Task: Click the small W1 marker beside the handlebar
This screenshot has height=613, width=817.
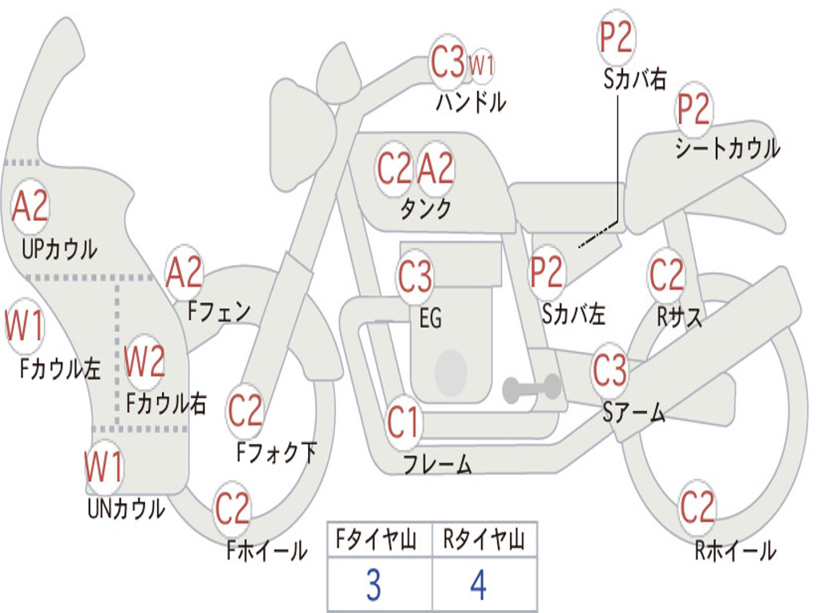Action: point(481,65)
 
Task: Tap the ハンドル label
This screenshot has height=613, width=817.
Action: point(471,101)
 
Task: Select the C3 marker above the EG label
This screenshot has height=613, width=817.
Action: point(415,275)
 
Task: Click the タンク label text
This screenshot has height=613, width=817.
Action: point(426,209)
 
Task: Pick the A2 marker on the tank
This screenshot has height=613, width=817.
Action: point(436,168)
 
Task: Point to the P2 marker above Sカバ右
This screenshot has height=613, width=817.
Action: point(616,38)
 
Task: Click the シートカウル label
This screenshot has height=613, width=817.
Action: point(728,148)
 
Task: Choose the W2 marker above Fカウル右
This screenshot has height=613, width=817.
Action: point(145,362)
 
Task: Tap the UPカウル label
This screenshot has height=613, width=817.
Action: point(59,249)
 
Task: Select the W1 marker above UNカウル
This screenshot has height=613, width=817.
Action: point(104,467)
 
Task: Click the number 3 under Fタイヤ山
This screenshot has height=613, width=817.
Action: point(373,584)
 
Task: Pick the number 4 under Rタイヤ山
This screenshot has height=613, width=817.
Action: point(479,584)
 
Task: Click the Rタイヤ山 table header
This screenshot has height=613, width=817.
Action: point(483,539)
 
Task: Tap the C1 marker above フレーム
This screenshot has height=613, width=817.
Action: point(402,421)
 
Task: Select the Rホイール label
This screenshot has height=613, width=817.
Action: point(736,551)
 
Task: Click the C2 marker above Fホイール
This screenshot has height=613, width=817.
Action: point(232,508)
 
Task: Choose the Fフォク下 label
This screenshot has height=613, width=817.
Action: point(277,452)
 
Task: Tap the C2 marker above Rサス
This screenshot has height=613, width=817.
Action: point(666,275)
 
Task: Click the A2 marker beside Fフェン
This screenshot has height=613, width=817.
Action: point(184,272)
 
